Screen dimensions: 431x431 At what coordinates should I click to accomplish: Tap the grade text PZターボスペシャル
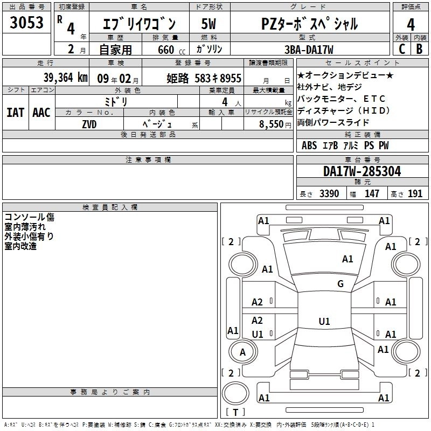point(309,24)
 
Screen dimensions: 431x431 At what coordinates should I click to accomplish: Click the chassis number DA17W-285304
point(362,171)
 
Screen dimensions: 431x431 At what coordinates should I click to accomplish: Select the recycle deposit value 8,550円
point(275,123)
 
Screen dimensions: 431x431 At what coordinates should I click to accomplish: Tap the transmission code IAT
point(15,112)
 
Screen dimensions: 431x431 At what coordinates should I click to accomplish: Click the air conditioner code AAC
point(41,112)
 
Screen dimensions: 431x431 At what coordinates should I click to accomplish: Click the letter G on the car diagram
point(340,283)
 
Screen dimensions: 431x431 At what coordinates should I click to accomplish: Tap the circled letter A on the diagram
point(242,352)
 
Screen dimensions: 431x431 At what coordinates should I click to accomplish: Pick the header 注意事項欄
point(148,159)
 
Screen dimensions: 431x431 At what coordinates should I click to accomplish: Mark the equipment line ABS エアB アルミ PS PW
point(345,145)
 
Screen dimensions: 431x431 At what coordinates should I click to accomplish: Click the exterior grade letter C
point(401,49)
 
